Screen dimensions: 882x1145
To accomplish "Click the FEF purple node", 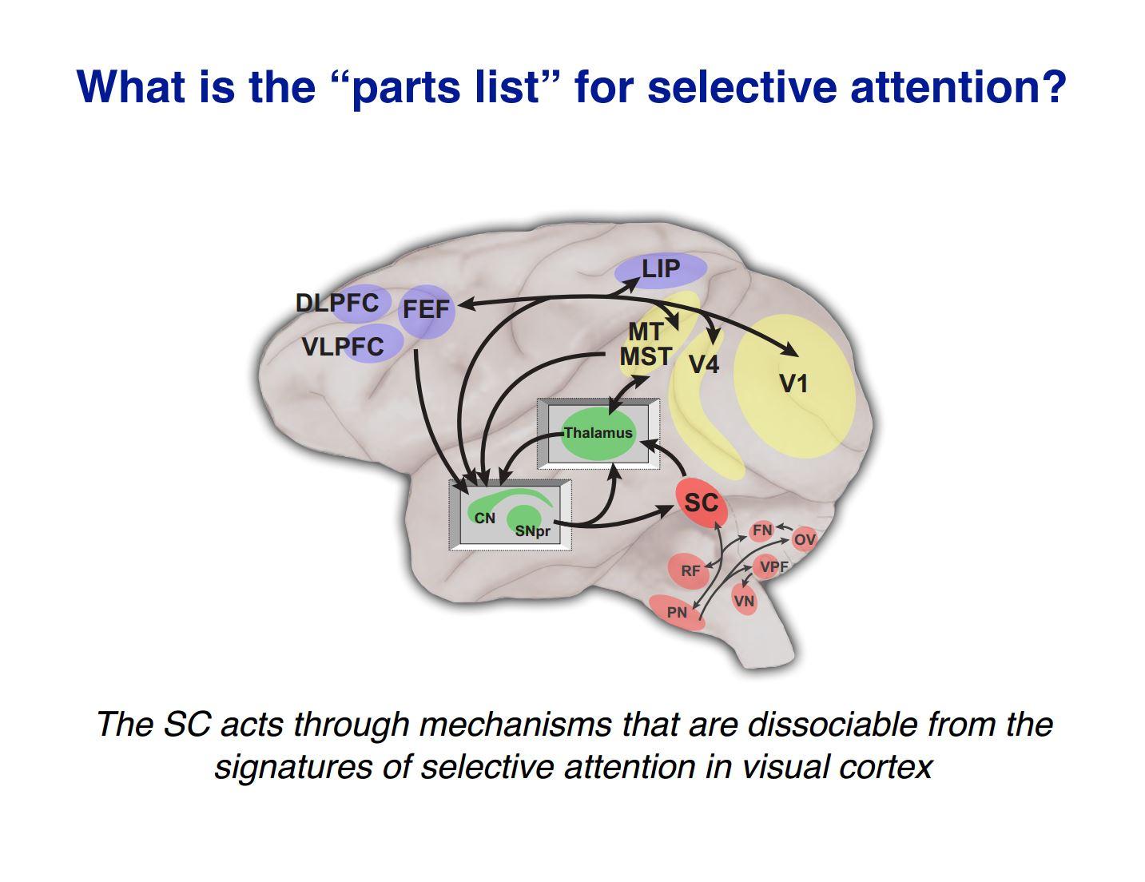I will tap(426, 310).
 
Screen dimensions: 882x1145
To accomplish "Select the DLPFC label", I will tap(337, 303).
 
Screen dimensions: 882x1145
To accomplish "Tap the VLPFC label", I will tap(343, 346).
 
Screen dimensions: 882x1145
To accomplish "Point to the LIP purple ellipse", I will tap(661, 269).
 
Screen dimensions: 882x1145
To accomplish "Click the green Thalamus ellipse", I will tap(598, 433).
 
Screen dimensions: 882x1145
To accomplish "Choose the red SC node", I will tap(702, 503).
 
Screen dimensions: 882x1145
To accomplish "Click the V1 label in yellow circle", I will tap(793, 384).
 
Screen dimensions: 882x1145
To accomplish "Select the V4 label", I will tap(704, 364).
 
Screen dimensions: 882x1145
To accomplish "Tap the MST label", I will tap(646, 356).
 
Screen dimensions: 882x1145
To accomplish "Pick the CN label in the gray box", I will tap(484, 518).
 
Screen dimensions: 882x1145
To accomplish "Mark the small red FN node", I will tap(762, 530).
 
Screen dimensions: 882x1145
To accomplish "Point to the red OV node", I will tap(804, 540).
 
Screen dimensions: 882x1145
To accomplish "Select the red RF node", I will tap(690, 570).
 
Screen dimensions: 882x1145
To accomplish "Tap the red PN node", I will tap(677, 613).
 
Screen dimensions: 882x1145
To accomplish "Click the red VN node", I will tap(744, 600).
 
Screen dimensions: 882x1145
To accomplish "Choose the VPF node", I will tap(772, 566).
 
